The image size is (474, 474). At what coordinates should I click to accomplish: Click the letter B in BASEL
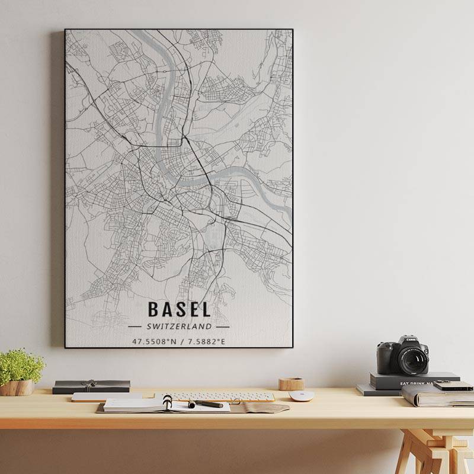pyautogui.click(x=153, y=309)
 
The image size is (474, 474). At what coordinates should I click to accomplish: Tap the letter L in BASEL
pyautogui.click(x=205, y=309)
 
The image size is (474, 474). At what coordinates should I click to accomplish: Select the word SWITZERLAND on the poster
pyautogui.click(x=179, y=326)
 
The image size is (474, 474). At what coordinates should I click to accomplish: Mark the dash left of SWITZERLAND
pyautogui.click(x=134, y=326)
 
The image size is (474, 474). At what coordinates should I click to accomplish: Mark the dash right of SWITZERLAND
pyautogui.click(x=223, y=326)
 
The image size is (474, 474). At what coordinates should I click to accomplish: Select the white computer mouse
pyautogui.click(x=301, y=396)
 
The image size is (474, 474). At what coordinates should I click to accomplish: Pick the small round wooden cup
pyautogui.click(x=291, y=384)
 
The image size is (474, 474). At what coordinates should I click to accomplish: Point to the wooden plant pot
pyautogui.click(x=17, y=387)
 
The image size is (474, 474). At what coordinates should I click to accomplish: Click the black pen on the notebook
pyautogui.click(x=206, y=404)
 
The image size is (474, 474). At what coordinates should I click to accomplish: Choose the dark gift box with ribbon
pyautogui.click(x=91, y=386)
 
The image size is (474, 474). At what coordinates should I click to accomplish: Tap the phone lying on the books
pyautogui.click(x=453, y=386)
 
